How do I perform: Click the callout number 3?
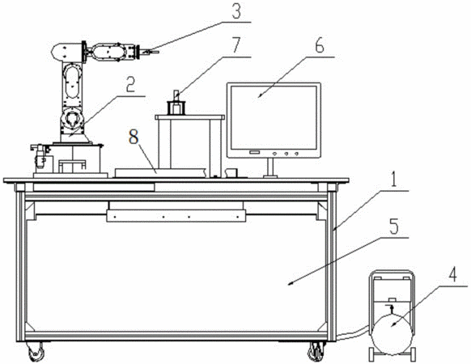236,11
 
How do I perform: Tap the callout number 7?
235,46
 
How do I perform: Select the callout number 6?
320,46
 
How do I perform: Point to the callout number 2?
130,86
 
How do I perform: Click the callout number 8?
134,137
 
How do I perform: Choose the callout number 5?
394,226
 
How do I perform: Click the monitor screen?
274,118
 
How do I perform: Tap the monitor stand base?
270,176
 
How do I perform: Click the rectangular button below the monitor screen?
254,153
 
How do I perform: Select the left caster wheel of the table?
36,353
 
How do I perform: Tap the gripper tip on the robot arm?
151,52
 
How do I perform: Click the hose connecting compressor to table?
354,333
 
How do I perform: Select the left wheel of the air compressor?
371,354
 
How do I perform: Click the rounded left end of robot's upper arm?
57,52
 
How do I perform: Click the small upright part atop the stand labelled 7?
176,95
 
